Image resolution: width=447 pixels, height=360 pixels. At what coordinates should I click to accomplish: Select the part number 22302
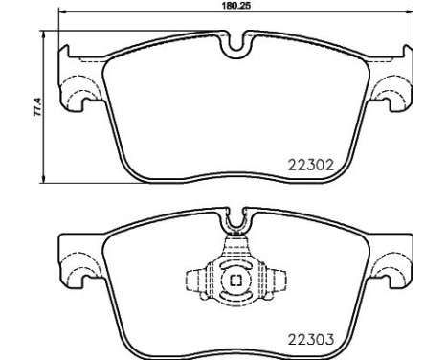click(x=310, y=164)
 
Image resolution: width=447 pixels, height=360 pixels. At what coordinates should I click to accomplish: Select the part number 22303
click(x=310, y=337)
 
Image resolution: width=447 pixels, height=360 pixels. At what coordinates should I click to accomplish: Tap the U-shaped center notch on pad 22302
click(x=235, y=45)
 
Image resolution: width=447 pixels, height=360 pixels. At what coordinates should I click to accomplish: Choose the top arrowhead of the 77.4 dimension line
click(x=45, y=34)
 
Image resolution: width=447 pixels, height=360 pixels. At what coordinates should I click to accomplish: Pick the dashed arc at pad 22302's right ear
click(x=386, y=98)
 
